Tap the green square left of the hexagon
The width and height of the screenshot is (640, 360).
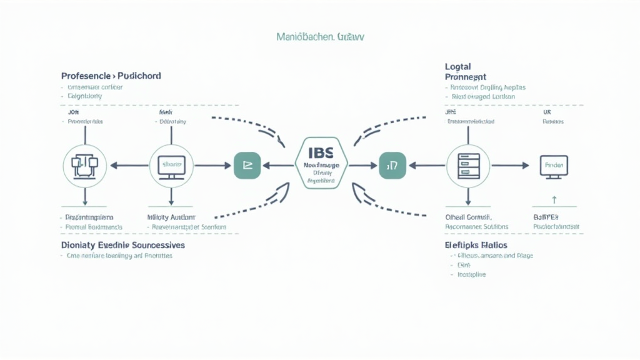pyautogui.click(x=247, y=166)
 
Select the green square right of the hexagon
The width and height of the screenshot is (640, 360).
pyautogui.click(x=392, y=166)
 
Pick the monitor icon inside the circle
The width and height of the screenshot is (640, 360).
pyautogui.click(x=172, y=166)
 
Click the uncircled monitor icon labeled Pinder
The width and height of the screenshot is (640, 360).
pyautogui.click(x=554, y=166)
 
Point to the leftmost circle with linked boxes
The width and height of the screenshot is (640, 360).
pyautogui.click(x=85, y=166)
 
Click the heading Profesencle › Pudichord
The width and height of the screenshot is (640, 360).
pyautogui.click(x=111, y=76)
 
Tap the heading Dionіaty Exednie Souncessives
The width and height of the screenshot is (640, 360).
pyautogui.click(x=122, y=245)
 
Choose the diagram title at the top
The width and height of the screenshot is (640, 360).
pyautogui.click(x=320, y=37)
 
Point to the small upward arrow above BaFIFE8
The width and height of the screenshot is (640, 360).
pyautogui.click(x=554, y=200)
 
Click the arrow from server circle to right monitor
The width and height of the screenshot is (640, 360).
pyautogui.click(x=511, y=166)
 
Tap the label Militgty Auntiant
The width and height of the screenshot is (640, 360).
pyautogui.click(x=171, y=216)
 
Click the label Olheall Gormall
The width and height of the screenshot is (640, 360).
pyautogui.click(x=469, y=216)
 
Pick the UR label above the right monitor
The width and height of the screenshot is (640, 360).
pyautogui.click(x=547, y=112)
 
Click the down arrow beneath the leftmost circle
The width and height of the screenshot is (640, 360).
pyautogui.click(x=85, y=197)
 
